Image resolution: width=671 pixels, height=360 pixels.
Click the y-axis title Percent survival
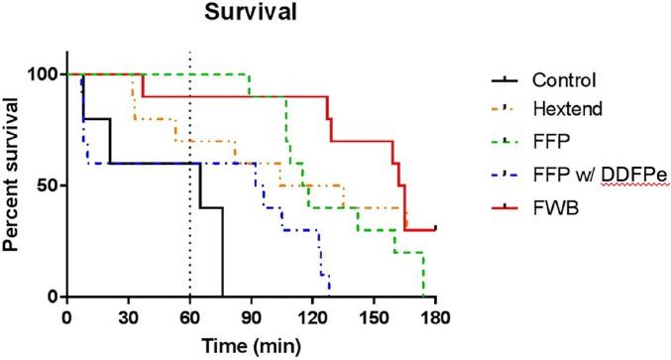(x=14, y=185)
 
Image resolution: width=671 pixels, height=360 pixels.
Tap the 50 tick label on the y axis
(x=46, y=185)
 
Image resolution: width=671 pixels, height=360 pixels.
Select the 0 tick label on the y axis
(x=51, y=297)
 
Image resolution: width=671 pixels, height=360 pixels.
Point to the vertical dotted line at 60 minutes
(x=189, y=198)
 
